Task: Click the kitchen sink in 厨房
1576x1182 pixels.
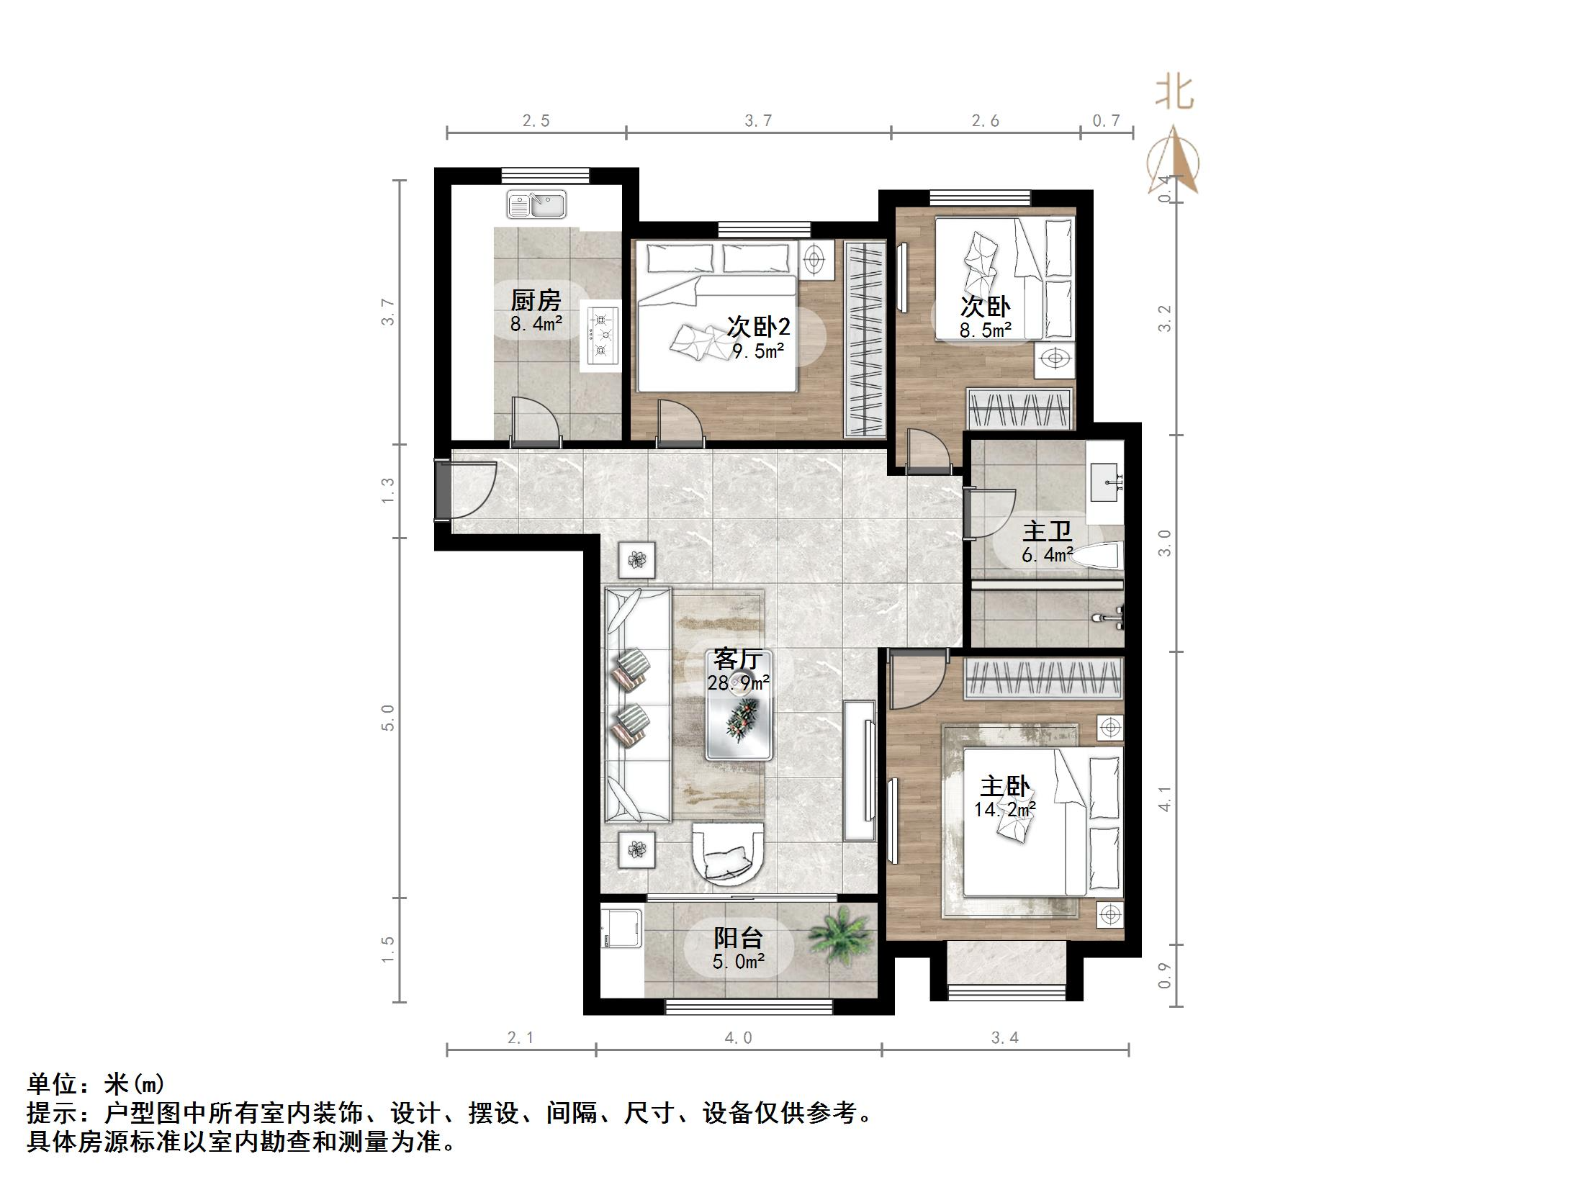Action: [x=536, y=204]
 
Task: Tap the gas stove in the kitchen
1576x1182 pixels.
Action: [x=601, y=335]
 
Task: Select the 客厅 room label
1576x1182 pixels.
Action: [x=738, y=659]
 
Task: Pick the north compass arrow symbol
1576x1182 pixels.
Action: [x=1174, y=162]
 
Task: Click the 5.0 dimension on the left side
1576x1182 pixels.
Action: [x=388, y=718]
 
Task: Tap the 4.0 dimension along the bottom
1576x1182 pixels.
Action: [x=738, y=1037]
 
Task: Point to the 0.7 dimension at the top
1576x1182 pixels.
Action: [x=1106, y=121]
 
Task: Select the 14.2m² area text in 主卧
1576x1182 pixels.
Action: [x=1005, y=809]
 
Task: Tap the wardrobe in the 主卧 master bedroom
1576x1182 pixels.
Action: [x=1043, y=679]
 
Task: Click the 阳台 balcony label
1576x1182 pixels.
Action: [x=738, y=937]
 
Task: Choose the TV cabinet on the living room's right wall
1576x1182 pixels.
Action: [x=860, y=770]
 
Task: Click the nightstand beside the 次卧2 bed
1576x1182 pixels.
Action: [x=816, y=260]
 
